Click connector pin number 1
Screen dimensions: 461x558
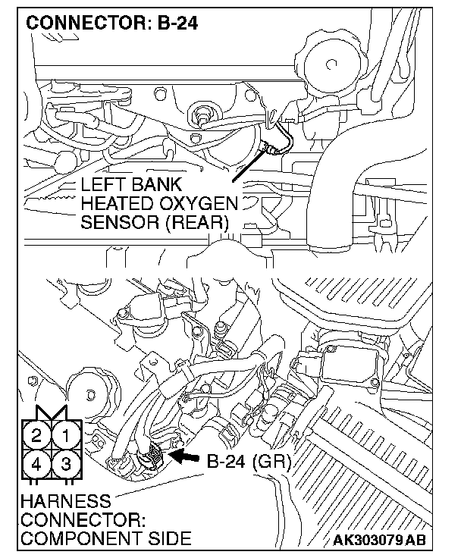coord(66,436)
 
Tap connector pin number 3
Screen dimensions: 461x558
coord(66,463)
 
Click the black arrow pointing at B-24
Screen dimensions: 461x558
coord(184,456)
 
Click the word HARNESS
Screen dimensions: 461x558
coord(55,502)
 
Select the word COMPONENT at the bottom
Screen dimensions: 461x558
coord(70,539)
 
